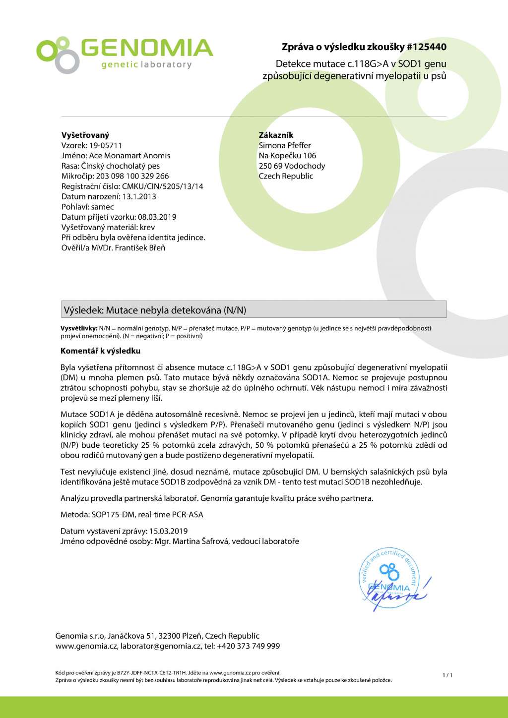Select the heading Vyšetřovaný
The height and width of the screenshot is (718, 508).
click(x=85, y=135)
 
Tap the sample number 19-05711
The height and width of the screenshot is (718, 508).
click(x=105, y=145)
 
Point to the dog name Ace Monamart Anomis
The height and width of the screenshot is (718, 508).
click(x=129, y=156)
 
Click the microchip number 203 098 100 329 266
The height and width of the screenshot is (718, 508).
click(x=132, y=176)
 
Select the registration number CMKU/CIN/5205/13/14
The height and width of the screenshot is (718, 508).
click(x=163, y=186)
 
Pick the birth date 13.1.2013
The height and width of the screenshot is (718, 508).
click(x=139, y=196)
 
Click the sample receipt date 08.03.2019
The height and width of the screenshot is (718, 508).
click(x=157, y=217)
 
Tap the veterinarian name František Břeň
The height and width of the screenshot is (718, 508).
click(x=140, y=247)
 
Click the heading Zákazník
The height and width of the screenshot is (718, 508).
click(x=276, y=135)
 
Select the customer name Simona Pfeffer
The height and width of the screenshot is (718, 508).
click(x=285, y=145)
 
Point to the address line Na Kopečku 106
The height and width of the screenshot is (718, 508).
click(x=287, y=156)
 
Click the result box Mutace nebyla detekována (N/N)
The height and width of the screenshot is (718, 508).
click(x=253, y=310)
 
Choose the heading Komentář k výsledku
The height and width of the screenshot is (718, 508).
click(x=100, y=351)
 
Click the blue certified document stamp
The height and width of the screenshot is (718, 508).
click(x=389, y=579)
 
